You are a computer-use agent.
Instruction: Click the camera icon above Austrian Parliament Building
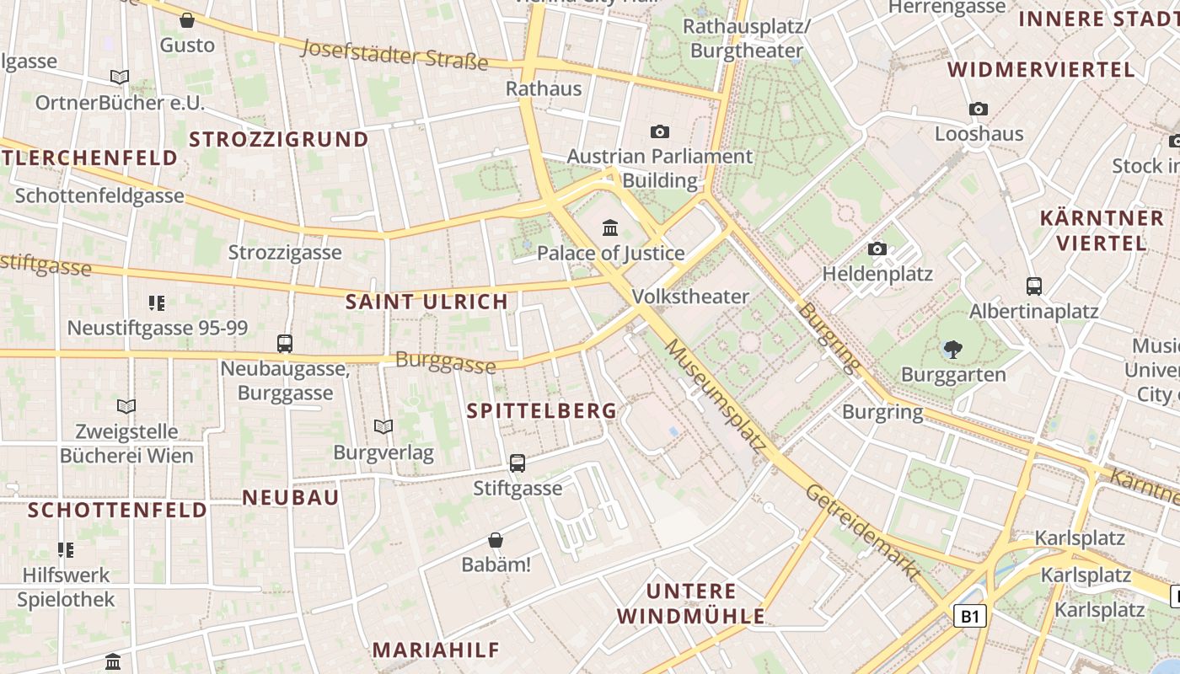pyautogui.click(x=660, y=131)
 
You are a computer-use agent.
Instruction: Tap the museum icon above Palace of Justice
pyautogui.click(x=610, y=227)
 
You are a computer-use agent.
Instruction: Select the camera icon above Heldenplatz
pyautogui.click(x=877, y=249)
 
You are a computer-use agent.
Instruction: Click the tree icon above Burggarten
pyautogui.click(x=953, y=348)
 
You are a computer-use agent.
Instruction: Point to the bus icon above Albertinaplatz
pyautogui.click(x=1034, y=286)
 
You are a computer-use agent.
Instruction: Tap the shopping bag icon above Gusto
pyautogui.click(x=187, y=19)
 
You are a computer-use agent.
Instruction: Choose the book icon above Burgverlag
pyautogui.click(x=383, y=427)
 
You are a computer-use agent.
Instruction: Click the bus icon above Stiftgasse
pyautogui.click(x=518, y=463)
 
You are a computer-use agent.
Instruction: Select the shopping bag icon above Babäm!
pyautogui.click(x=496, y=539)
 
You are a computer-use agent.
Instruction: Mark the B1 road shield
pyautogui.click(x=970, y=616)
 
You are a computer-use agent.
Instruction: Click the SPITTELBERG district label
pyautogui.click(x=542, y=411)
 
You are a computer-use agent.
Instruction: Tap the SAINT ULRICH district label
pyautogui.click(x=427, y=302)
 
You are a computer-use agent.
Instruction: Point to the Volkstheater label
pyautogui.click(x=690, y=297)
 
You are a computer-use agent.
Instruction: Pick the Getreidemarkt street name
pyautogui.click(x=862, y=532)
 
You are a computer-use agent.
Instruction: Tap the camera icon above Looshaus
pyautogui.click(x=979, y=109)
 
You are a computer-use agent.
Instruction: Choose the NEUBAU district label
pyautogui.click(x=291, y=497)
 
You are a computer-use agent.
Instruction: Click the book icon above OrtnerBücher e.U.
pyautogui.click(x=120, y=78)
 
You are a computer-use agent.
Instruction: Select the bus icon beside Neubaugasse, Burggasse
pyautogui.click(x=285, y=344)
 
